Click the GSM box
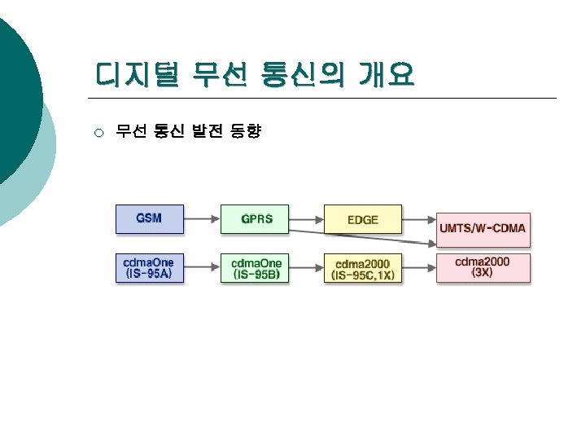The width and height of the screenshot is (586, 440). tap(149, 218)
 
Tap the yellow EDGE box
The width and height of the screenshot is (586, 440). tap(362, 218)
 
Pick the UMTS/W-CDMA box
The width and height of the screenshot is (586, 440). tap(483, 228)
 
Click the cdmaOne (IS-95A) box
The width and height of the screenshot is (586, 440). tap(149, 268)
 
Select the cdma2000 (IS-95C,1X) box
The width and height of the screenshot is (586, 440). tap(362, 268)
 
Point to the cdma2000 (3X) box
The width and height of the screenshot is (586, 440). tap(483, 267)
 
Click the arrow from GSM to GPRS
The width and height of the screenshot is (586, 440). tap(203, 218)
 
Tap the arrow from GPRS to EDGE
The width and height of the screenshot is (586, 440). tap(307, 218)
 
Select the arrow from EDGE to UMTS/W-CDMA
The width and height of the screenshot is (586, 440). tap(419, 219)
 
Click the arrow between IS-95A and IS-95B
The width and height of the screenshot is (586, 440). tap(203, 268)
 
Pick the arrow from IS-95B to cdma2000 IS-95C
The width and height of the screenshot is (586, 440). tap(307, 268)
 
